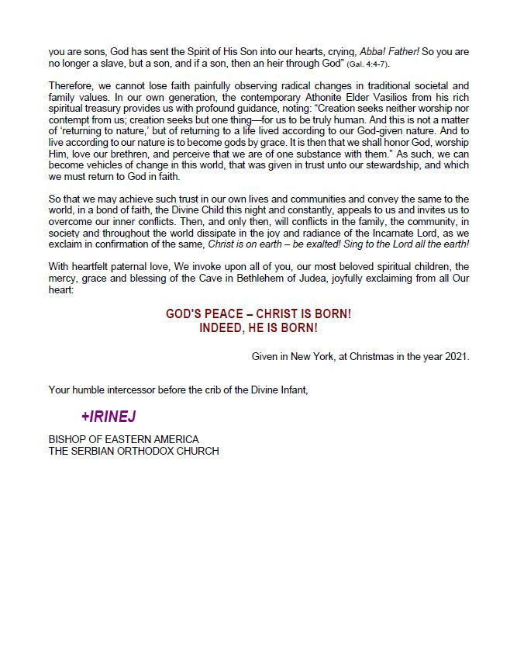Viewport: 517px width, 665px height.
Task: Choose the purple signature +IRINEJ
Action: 109,417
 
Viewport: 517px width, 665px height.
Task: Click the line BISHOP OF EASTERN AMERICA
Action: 124,439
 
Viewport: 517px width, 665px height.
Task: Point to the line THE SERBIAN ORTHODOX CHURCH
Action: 133,451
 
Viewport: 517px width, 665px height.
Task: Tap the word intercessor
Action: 133,390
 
